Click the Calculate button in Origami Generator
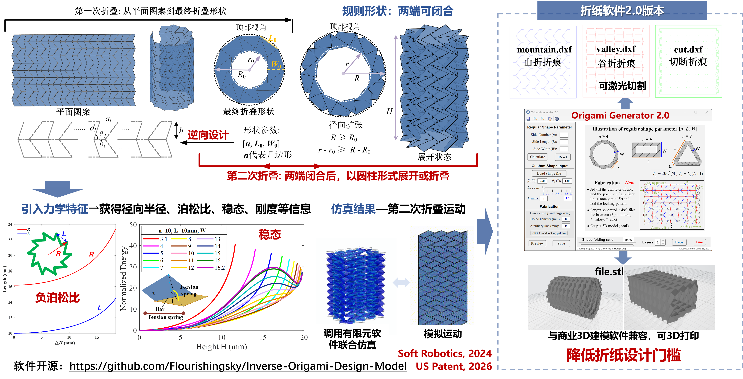tap(537, 157)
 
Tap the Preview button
tap(537, 243)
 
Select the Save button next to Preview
tap(561, 243)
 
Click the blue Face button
tap(679, 242)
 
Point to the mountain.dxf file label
tap(544, 50)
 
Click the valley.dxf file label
tap(616, 49)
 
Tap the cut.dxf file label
tap(688, 50)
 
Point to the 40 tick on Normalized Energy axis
tap(133, 246)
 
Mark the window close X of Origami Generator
tap(706, 112)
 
